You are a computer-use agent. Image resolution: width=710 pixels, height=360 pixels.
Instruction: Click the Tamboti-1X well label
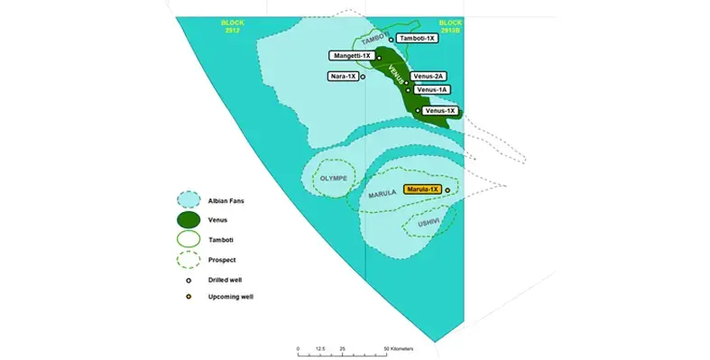click(418, 39)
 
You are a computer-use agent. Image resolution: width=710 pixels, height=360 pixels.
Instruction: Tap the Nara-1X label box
click(342, 77)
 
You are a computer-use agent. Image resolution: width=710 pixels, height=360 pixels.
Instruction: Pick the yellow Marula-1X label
click(421, 189)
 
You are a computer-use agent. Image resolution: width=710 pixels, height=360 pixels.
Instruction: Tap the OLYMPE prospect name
click(331, 179)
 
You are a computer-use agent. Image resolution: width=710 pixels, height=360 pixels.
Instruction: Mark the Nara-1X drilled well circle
click(363, 77)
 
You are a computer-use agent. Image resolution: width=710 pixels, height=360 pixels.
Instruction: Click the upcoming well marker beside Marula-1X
click(447, 190)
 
